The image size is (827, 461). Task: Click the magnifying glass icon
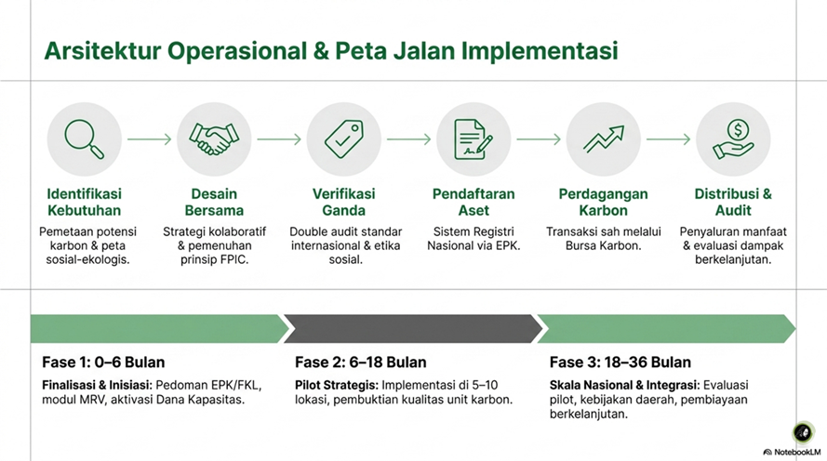pyautogui.click(x=85, y=139)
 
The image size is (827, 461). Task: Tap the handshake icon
pyautogui.click(x=214, y=139)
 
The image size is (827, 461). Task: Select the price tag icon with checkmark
pyautogui.click(x=344, y=139)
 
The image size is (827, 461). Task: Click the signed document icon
pyautogui.click(x=474, y=139)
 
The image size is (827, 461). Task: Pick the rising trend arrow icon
pyautogui.click(x=604, y=139)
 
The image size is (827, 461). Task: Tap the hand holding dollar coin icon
pyautogui.click(x=733, y=139)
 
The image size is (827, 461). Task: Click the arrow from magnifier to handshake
pyautogui.click(x=149, y=139)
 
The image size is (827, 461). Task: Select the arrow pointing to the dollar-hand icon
pyautogui.click(x=668, y=139)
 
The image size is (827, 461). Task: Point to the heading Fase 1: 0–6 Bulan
pyautogui.click(x=103, y=362)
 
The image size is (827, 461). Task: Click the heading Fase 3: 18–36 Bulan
pyautogui.click(x=620, y=362)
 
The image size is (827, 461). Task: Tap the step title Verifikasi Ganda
pyautogui.click(x=344, y=202)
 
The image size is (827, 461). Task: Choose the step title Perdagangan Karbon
pyautogui.click(x=604, y=202)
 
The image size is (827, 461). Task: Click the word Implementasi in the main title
pyautogui.click(x=540, y=51)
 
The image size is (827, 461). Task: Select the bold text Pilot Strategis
pyautogui.click(x=337, y=385)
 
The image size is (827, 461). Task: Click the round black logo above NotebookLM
pyautogui.click(x=803, y=432)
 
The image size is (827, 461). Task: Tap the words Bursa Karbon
pyautogui.click(x=604, y=245)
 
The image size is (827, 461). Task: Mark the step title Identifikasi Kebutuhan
pyautogui.click(x=85, y=202)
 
